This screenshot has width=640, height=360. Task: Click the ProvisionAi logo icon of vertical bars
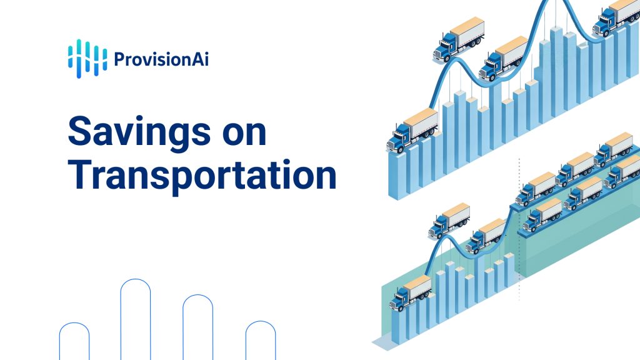87,58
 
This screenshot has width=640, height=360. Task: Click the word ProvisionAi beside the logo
161,59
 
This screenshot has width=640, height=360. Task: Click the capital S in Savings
79,131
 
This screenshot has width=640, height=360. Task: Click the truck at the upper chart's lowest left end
412,131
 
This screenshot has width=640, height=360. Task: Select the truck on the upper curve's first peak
459,39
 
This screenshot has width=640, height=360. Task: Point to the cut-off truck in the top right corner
616,17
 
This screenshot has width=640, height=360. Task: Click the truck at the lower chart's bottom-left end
411,292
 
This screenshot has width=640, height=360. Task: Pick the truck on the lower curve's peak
449,221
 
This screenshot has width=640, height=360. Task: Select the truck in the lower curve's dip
486,236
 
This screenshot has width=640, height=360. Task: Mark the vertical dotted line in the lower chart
519,229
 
